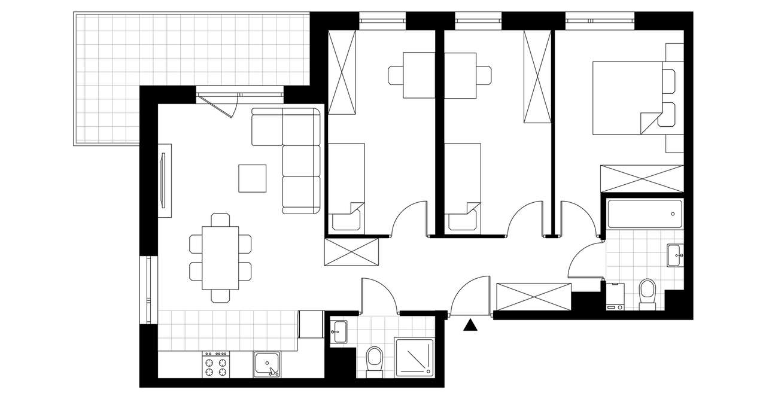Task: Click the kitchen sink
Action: [266, 364]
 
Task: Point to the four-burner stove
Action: [217, 364]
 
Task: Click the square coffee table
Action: [252, 178]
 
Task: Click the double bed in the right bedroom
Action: [628, 98]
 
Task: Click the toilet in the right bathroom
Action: [648, 293]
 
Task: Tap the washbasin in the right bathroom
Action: [674, 254]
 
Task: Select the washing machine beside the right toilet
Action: [615, 296]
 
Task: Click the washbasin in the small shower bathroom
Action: [339, 331]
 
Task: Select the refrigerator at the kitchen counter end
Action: [311, 325]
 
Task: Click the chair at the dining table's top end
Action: [220, 220]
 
